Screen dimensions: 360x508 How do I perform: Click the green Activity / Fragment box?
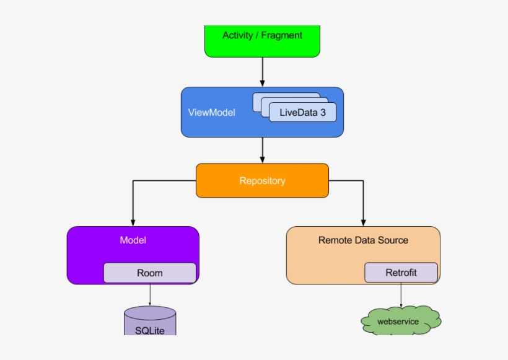pyautogui.click(x=262, y=41)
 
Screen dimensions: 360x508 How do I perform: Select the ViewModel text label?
pyautogui.click(x=211, y=113)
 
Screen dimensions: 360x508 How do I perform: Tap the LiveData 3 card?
pyautogui.click(x=302, y=112)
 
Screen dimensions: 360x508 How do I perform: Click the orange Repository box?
pyautogui.click(x=262, y=181)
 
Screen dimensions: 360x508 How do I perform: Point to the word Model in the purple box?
pyautogui.click(x=133, y=240)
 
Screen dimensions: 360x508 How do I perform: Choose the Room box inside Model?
pyautogui.click(x=149, y=273)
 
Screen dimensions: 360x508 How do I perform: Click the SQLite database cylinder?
pyautogui.click(x=150, y=322)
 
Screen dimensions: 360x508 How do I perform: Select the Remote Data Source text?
pyautogui.click(x=363, y=240)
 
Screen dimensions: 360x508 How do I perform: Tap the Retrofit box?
pyautogui.click(x=401, y=273)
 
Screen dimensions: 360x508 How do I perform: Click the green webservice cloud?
pyautogui.click(x=400, y=321)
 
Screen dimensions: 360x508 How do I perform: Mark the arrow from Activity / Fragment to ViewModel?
pyautogui.click(x=262, y=71)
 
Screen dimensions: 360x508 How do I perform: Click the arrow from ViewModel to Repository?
pyautogui.click(x=262, y=149)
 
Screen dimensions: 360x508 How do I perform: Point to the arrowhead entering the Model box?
pyautogui.click(x=133, y=222)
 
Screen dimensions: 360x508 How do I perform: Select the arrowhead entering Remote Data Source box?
pyautogui.click(x=363, y=222)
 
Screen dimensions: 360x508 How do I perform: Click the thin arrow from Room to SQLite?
pyautogui.click(x=150, y=294)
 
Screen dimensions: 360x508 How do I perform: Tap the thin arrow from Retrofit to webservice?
pyautogui.click(x=401, y=295)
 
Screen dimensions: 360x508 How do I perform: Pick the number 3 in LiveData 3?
pyautogui.click(x=322, y=113)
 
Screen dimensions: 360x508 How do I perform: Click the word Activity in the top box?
pyautogui.click(x=238, y=35)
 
